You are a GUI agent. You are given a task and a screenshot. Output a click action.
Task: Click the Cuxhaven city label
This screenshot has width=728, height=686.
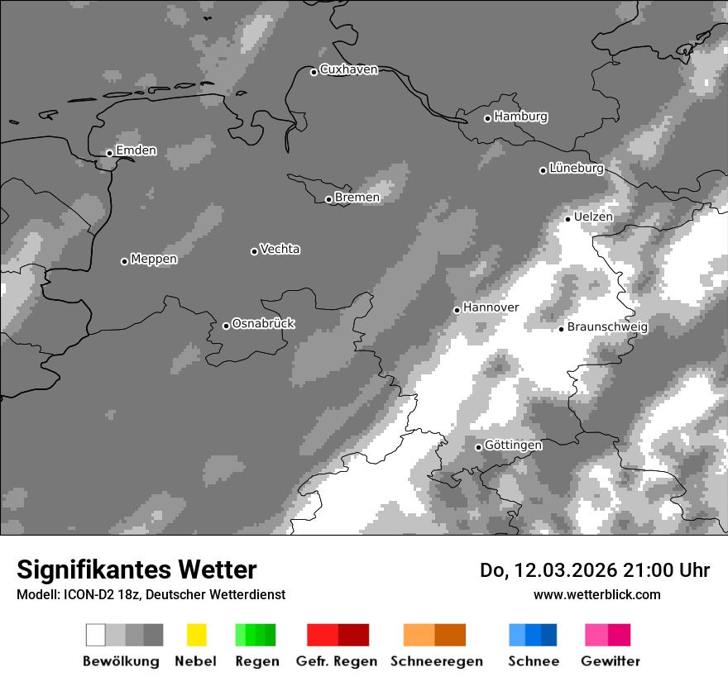click(348, 69)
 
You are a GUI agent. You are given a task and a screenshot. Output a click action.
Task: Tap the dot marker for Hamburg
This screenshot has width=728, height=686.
click(487, 118)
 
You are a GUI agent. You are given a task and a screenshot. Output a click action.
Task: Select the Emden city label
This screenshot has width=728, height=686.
click(136, 150)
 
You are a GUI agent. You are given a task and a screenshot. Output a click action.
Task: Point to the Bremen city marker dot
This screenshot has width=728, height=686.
click(328, 199)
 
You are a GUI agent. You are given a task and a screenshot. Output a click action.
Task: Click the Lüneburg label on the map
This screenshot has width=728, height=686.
click(577, 168)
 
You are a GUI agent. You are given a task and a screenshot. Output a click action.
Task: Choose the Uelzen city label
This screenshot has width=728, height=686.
click(593, 217)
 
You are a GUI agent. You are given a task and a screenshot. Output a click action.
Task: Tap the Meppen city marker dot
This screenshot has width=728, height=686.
click(124, 261)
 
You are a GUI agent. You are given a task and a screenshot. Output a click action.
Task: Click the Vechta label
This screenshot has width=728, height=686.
click(280, 249)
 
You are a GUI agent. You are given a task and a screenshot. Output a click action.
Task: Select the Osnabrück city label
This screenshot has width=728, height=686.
click(263, 323)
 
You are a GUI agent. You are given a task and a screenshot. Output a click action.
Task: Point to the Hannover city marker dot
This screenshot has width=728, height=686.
click(457, 310)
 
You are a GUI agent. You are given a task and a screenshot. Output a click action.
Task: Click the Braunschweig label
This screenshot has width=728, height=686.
click(607, 326)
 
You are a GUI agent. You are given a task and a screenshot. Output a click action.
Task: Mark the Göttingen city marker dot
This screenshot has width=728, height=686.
click(478, 447)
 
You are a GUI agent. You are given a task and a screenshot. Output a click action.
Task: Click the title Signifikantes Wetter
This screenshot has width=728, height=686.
click(136, 569)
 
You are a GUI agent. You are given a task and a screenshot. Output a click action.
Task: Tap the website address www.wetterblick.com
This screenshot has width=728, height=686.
click(596, 594)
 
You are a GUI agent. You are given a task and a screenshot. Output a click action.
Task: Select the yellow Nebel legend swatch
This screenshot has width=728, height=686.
click(196, 635)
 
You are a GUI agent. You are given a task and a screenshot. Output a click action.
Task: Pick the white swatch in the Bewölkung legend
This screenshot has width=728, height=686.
click(96, 635)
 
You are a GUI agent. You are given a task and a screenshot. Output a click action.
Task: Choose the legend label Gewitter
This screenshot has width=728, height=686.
click(611, 661)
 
